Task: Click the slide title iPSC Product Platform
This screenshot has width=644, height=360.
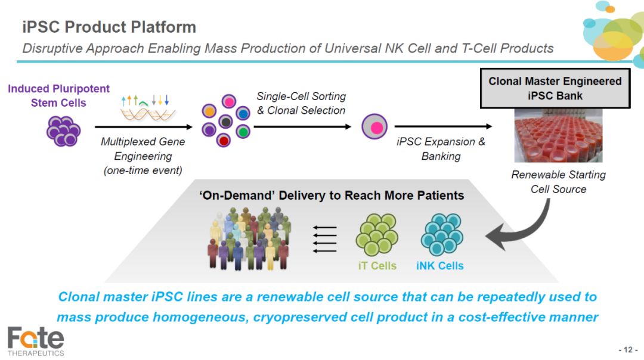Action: (x=109, y=27)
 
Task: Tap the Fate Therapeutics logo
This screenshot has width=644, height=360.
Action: (x=36, y=341)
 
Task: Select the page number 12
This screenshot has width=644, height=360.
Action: (x=628, y=350)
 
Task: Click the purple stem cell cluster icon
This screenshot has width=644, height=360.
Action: (x=63, y=131)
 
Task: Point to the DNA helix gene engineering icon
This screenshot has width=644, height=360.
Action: (x=146, y=108)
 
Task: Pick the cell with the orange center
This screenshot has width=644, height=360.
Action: (x=209, y=111)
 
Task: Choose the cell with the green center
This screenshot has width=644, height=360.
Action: (x=243, y=131)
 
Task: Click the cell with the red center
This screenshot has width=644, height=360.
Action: (x=224, y=141)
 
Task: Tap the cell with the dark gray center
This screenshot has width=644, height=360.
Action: (x=225, y=122)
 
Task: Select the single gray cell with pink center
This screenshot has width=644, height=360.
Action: (x=374, y=126)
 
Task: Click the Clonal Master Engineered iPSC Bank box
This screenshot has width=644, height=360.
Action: (x=555, y=88)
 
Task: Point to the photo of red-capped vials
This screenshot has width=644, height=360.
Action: (x=558, y=135)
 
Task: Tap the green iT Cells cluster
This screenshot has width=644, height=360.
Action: (x=377, y=234)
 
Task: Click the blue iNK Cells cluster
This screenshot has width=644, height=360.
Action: (x=442, y=234)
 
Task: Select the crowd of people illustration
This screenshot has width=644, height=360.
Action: (x=249, y=238)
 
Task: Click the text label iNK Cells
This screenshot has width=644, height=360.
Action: (x=440, y=266)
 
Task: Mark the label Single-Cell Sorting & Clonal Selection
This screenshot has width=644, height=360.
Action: (x=302, y=104)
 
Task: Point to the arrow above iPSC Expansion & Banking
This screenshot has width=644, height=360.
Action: (x=443, y=126)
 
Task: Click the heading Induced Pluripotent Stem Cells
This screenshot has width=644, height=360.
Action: (x=58, y=95)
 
